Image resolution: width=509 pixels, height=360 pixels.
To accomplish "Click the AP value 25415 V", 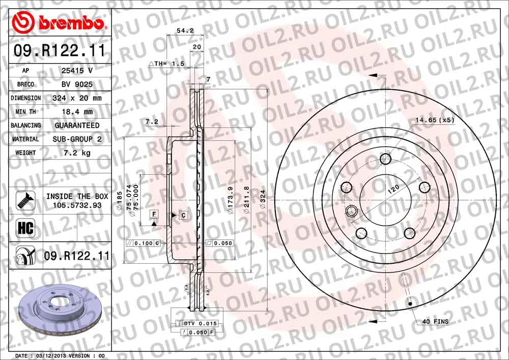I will (x=76, y=71).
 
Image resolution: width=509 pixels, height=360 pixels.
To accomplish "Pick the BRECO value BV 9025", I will (x=76, y=84).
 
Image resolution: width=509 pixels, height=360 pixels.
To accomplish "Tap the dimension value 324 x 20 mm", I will (x=76, y=98).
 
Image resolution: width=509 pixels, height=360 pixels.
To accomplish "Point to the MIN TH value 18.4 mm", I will (x=76, y=112).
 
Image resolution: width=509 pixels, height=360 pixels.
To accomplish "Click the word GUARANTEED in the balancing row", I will (x=76, y=125).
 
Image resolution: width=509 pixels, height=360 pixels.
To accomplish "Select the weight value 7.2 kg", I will (x=76, y=153).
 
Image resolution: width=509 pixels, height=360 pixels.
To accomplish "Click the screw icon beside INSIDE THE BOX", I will (x=26, y=200).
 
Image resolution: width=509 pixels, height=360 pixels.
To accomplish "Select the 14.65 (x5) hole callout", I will (x=434, y=120).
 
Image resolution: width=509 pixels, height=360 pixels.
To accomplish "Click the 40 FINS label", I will (x=435, y=322).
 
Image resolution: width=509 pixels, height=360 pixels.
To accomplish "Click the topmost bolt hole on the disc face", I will (x=385, y=159).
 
